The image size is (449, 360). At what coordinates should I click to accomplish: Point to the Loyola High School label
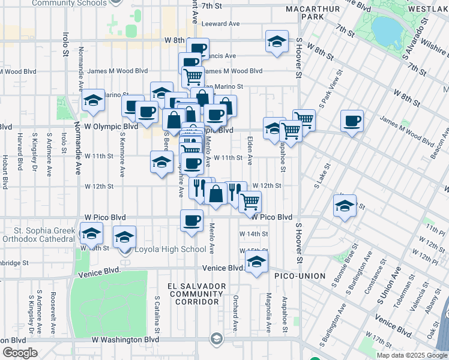pos(169,250)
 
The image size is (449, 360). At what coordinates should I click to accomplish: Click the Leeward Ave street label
pos(220,24)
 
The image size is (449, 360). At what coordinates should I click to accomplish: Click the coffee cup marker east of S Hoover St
pos(352,121)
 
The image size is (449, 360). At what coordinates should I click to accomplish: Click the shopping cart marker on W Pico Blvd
pos(250,201)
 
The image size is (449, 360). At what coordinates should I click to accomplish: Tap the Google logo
pos(20,353)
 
